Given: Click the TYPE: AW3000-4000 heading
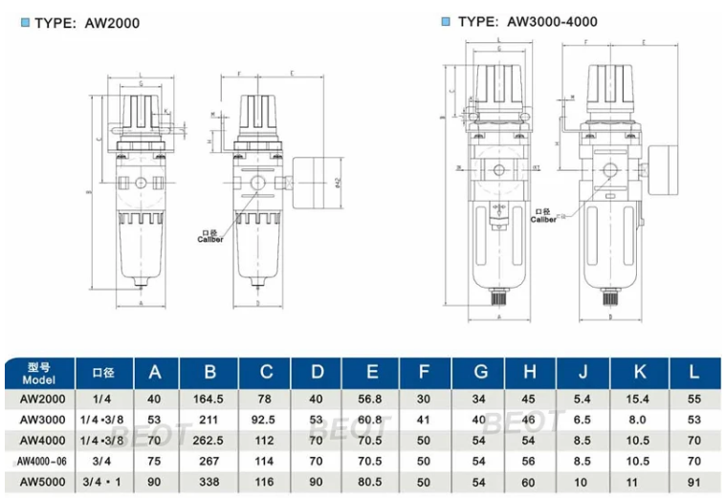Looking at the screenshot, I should coord(520,21).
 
